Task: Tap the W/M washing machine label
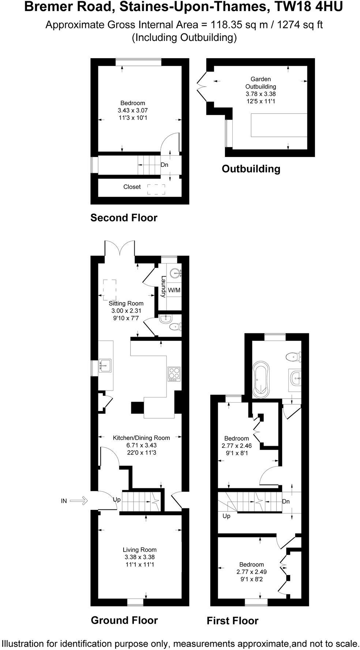(x=174, y=290)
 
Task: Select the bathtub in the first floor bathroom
(x=261, y=379)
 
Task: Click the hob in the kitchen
(x=174, y=374)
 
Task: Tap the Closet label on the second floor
(x=132, y=187)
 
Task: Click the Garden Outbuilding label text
(x=260, y=83)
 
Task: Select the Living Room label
(x=139, y=550)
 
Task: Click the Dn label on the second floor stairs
(x=164, y=165)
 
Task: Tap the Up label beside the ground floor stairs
(x=117, y=499)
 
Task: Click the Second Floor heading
(x=124, y=218)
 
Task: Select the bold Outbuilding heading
(x=251, y=169)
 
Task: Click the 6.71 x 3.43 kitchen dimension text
(x=141, y=445)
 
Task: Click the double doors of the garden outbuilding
(x=201, y=87)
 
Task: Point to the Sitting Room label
(x=126, y=303)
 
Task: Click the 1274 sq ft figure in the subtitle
(x=300, y=25)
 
